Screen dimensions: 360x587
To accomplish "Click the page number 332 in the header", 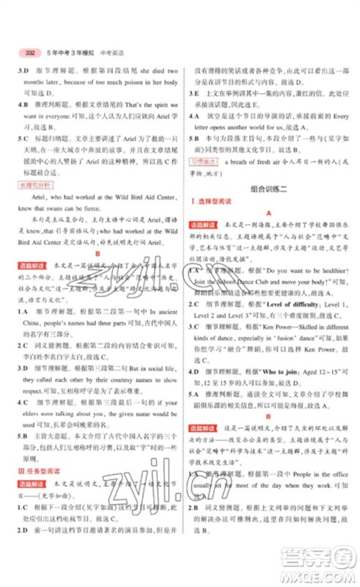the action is pos(31,53).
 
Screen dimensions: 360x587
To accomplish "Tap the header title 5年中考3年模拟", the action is pos(70,53).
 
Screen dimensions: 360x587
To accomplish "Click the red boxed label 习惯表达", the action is pos(205,158).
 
